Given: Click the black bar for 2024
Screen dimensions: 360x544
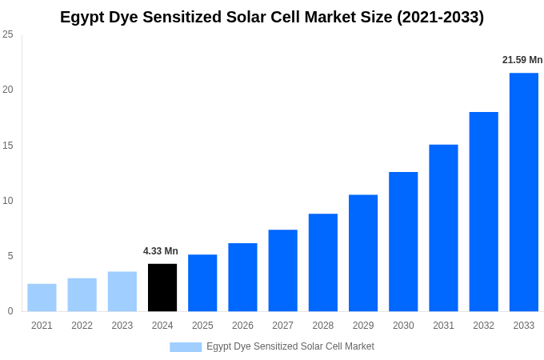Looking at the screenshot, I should [162, 287].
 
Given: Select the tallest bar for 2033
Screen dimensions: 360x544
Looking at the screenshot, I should [524, 192].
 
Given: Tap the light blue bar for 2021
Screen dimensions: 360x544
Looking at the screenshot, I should [42, 298].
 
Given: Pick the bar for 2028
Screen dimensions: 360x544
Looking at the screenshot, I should [323, 262].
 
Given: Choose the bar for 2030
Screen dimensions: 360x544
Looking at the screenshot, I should [403, 242].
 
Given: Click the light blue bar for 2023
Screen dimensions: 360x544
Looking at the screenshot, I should [122, 291].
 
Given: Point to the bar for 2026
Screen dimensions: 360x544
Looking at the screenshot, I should [242, 277].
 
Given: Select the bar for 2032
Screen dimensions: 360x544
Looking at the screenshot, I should [483, 211].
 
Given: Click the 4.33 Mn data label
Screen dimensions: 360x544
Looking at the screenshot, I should [161, 251].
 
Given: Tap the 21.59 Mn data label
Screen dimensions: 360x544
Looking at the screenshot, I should [522, 60].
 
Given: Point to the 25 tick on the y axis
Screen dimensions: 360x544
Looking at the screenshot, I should [8, 34].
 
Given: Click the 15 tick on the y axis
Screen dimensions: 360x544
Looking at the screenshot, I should [8, 145].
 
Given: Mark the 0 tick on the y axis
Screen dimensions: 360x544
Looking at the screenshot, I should [10, 311].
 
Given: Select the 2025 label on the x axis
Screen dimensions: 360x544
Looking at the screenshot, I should [202, 326].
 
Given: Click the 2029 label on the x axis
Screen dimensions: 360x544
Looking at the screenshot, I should [363, 326].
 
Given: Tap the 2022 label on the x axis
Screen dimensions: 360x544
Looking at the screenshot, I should [82, 326].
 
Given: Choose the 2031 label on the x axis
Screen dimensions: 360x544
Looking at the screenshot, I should [443, 326].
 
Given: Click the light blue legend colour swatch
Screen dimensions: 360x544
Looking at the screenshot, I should [186, 347].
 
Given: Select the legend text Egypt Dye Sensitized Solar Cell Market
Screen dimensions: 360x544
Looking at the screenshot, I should [290, 346].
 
